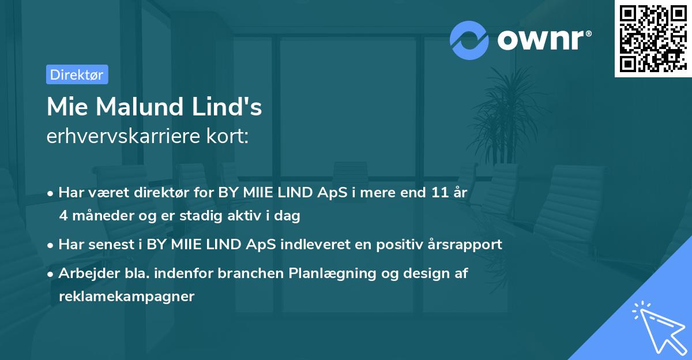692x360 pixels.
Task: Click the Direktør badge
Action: tap(77, 74)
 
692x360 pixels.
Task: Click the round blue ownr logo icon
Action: tap(469, 40)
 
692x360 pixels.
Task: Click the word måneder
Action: tap(101, 216)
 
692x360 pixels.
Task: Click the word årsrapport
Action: tap(467, 245)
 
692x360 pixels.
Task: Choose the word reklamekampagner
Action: tap(127, 297)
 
